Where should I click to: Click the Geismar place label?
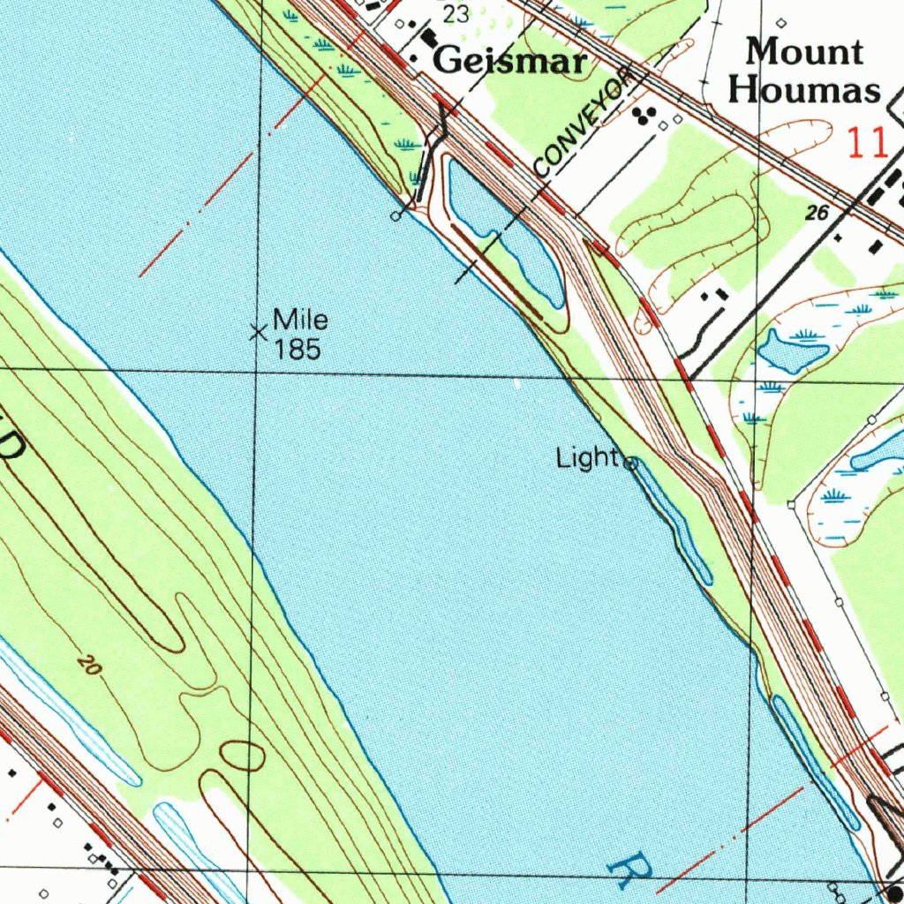point(511,61)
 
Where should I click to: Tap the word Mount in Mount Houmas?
point(803,51)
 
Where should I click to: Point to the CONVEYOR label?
point(584,122)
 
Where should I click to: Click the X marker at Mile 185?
point(258,333)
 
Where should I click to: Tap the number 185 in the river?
point(296,350)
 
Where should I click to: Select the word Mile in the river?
point(300,319)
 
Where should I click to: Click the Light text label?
point(587,457)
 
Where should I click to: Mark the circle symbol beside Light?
point(631,463)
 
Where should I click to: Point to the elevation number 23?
point(456,13)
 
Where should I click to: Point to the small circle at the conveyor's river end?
point(397,215)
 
